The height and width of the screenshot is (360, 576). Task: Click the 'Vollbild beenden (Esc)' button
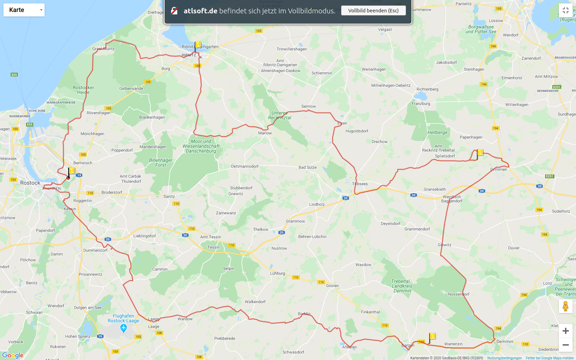(x=373, y=11)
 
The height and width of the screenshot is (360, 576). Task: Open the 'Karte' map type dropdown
(x=24, y=10)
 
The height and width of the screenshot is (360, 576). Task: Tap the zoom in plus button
(x=566, y=331)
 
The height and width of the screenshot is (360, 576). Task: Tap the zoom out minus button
(x=566, y=345)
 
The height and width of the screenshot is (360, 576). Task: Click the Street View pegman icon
(x=566, y=306)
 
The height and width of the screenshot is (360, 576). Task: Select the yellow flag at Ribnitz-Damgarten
(x=198, y=45)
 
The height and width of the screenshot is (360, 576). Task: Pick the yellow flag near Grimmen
(x=480, y=153)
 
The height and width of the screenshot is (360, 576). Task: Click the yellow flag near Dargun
(x=432, y=336)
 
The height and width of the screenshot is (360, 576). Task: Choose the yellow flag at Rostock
(x=71, y=171)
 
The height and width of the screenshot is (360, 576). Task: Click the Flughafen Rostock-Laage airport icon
(x=124, y=328)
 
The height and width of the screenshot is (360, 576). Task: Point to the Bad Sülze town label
(x=308, y=167)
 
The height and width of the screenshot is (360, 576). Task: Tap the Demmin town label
(x=505, y=341)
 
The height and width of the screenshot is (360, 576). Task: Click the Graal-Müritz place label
(x=104, y=49)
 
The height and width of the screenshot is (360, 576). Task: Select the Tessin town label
(x=213, y=247)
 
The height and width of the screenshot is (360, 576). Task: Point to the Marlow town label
(x=265, y=133)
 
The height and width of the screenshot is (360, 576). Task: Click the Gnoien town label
(x=332, y=286)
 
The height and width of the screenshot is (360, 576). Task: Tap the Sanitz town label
(x=169, y=196)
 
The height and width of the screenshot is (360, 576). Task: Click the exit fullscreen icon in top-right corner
(x=566, y=10)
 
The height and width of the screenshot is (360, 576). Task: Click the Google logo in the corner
(x=13, y=355)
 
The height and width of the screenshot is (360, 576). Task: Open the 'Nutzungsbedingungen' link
(x=504, y=358)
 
